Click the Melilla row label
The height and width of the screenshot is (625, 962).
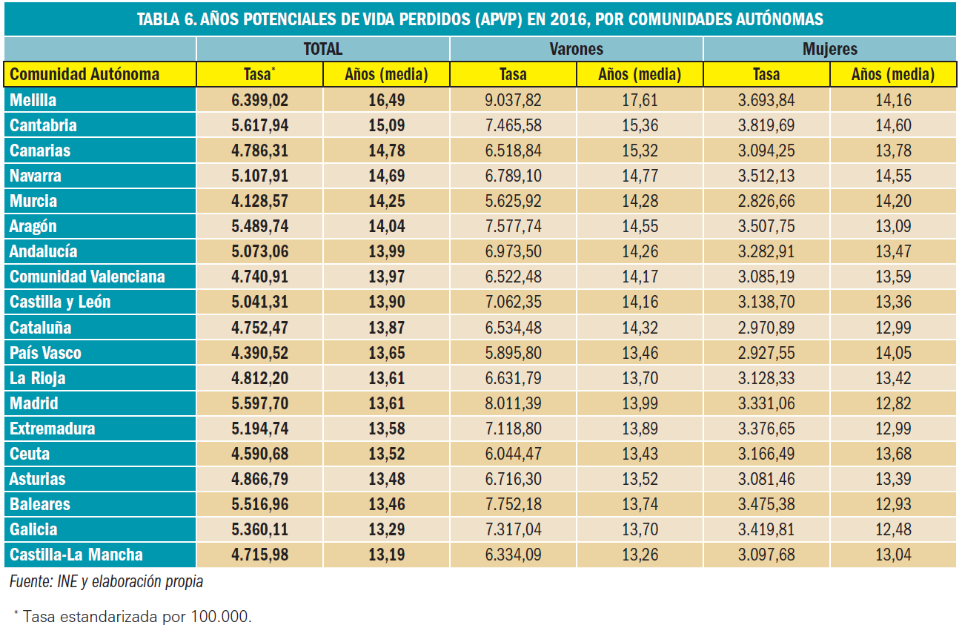[33, 100]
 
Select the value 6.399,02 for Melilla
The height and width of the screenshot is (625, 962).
[259, 100]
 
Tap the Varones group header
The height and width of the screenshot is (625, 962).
[576, 49]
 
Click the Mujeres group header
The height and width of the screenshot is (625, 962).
[829, 49]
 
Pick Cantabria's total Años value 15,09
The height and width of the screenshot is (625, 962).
[386, 125]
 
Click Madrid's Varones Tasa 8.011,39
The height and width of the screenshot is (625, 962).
[513, 403]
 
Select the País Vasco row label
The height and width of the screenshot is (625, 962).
[46, 353]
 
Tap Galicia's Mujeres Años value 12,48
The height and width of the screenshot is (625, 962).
[893, 529]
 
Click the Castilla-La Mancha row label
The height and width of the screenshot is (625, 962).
[76, 555]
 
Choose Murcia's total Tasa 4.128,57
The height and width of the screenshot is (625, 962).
[259, 201]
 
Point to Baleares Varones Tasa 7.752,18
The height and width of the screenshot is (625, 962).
[513, 504]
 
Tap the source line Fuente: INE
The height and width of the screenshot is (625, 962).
[106, 582]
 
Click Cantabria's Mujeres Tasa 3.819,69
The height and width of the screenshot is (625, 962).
[766, 125]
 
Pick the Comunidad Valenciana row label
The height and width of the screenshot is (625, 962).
[87, 277]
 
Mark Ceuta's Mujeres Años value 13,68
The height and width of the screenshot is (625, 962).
[893, 454]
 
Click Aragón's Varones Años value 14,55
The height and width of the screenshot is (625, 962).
[640, 226]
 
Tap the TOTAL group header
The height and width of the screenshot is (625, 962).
[322, 49]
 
